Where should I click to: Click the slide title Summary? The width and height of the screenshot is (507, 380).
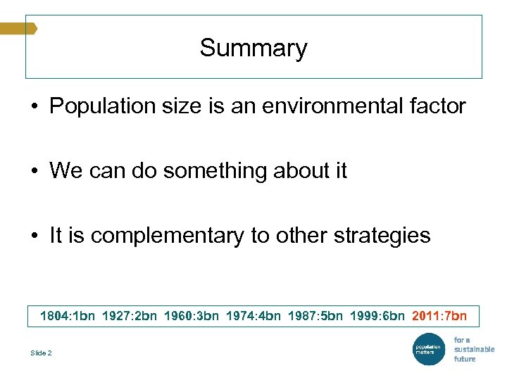pyautogui.click(x=254, y=48)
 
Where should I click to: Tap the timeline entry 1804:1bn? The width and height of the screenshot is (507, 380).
pyautogui.click(x=68, y=316)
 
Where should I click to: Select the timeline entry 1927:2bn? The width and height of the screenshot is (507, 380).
pyautogui.click(x=130, y=316)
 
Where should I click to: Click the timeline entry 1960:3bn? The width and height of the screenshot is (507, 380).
pyautogui.click(x=192, y=316)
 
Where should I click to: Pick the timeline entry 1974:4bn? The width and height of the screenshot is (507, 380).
pyautogui.click(x=254, y=316)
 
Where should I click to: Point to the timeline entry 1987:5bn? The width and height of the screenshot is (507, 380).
pyautogui.click(x=315, y=316)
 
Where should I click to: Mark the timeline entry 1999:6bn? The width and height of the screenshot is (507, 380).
pyautogui.click(x=377, y=316)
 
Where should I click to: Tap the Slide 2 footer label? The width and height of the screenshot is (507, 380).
pyautogui.click(x=41, y=353)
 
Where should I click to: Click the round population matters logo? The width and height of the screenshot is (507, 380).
pyautogui.click(x=427, y=349)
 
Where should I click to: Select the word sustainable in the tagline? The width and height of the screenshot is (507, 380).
pyautogui.click(x=474, y=349)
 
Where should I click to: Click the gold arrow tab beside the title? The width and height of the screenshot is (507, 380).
pyautogui.click(x=18, y=28)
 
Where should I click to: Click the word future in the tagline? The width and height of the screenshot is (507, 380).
pyautogui.click(x=465, y=359)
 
